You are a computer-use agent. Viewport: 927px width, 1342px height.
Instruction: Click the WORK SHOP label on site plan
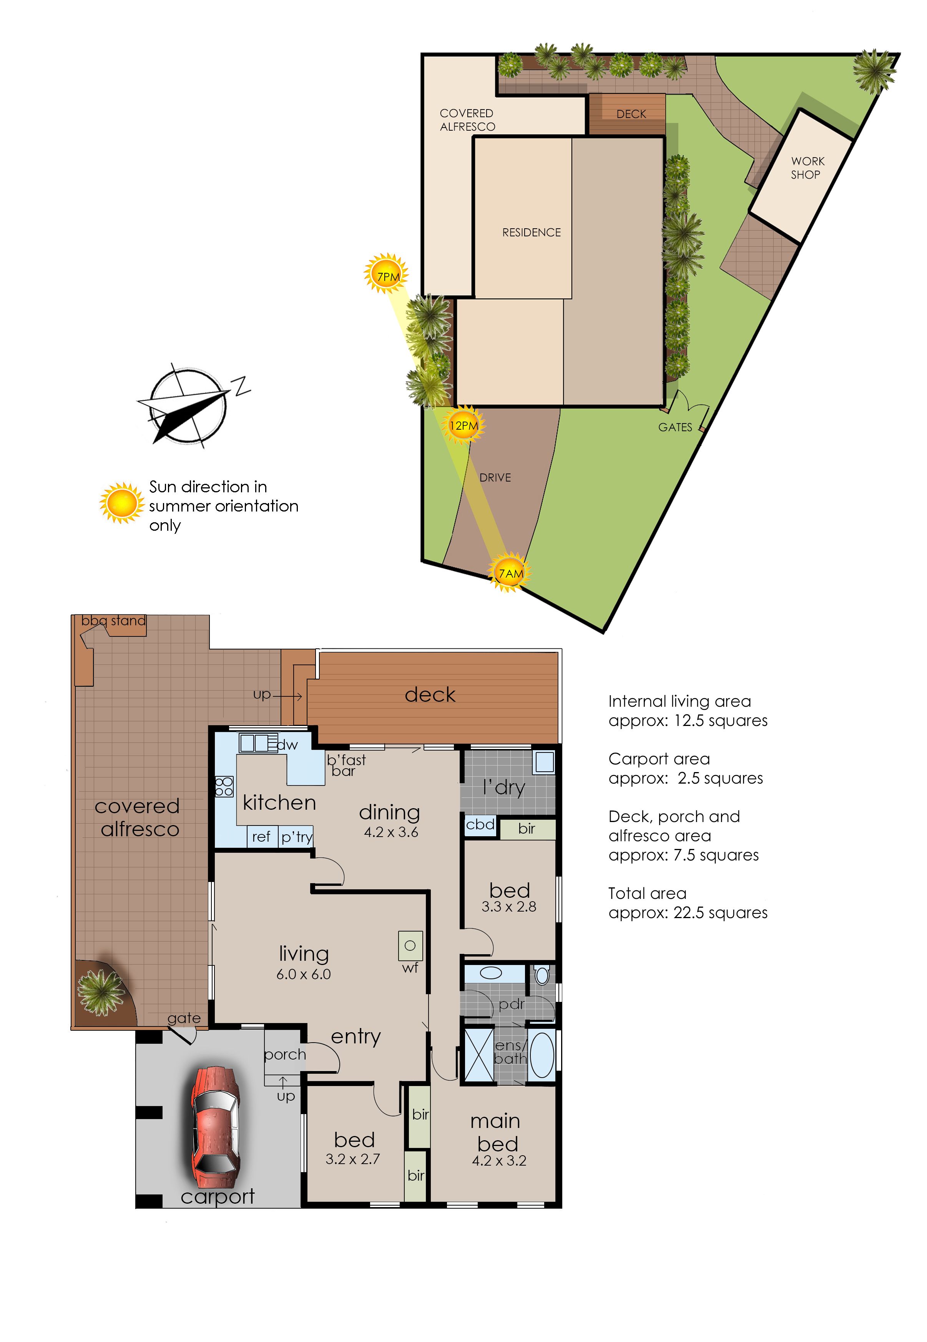[x=807, y=168]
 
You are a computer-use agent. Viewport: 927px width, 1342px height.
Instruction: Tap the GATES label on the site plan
[x=675, y=427]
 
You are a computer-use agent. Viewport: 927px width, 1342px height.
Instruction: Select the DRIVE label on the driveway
[x=495, y=477]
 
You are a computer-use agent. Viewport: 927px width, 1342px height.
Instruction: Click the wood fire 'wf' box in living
[x=410, y=946]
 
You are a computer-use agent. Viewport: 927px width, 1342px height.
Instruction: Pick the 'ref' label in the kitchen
[x=261, y=837]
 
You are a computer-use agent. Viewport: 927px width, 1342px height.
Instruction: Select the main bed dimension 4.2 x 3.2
[x=499, y=1160]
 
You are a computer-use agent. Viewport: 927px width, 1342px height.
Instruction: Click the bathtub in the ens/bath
[x=542, y=1054]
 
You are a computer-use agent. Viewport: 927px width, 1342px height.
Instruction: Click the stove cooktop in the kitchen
[x=224, y=787]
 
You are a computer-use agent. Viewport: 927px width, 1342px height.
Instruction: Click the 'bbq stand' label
[x=113, y=621]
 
